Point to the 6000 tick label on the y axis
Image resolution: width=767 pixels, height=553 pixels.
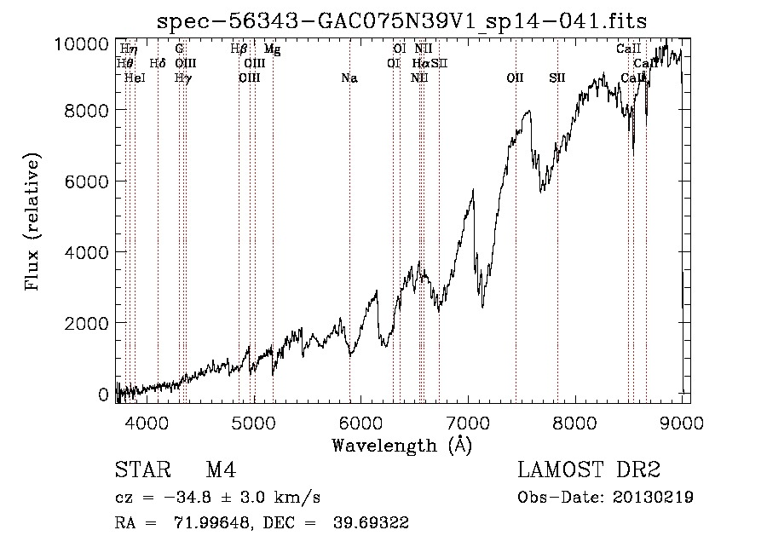tap(84, 181)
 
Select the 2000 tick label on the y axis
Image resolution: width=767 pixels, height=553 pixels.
tap(84, 324)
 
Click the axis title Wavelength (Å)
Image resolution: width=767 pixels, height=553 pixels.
tap(401, 445)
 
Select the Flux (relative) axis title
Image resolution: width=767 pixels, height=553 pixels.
tap(34, 223)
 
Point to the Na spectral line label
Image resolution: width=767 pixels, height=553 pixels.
tap(349, 78)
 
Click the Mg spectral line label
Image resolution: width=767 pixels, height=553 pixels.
tap(272, 49)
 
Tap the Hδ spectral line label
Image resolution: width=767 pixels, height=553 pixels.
tap(158, 63)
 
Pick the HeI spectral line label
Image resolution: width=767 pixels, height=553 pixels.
tap(135, 78)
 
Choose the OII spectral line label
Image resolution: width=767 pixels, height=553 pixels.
tap(515, 78)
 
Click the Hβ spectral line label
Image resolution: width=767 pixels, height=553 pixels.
tap(239, 49)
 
